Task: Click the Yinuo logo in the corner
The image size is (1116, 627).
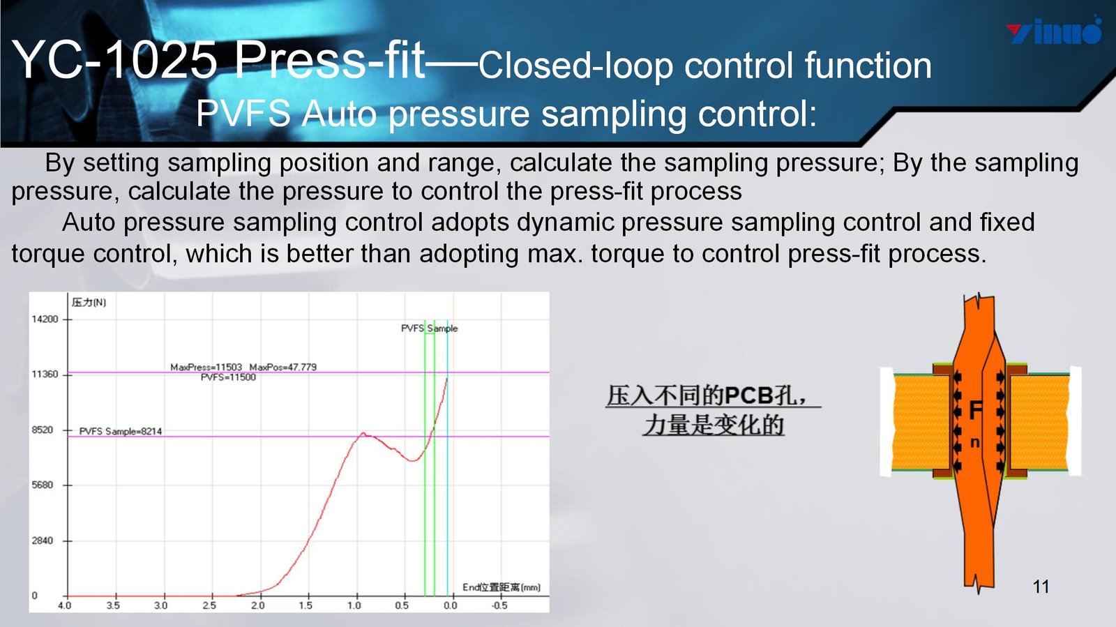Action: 1054,31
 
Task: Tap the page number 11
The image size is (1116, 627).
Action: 1041,586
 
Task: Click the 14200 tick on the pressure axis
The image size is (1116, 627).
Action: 45,319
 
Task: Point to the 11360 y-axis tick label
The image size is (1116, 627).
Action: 45,374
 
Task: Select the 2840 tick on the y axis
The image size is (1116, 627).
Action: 43,541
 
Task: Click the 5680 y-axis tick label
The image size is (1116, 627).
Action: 43,485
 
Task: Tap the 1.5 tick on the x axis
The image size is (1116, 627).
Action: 306,605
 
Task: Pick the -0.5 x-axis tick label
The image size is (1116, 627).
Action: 499,605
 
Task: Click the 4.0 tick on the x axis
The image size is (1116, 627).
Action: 65,605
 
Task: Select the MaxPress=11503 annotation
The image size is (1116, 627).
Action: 206,367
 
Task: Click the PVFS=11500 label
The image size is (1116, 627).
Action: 228,377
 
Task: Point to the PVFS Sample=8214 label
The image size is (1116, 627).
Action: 121,431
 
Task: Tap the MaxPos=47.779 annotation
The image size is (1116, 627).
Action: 283,367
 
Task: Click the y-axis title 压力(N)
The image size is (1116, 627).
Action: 89,302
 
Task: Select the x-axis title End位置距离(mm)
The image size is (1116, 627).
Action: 502,588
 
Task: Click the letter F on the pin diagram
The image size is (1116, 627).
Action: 976,411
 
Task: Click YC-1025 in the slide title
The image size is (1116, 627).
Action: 114,60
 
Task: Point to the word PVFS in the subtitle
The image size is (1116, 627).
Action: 243,114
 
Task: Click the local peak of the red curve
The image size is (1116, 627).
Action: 363,433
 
